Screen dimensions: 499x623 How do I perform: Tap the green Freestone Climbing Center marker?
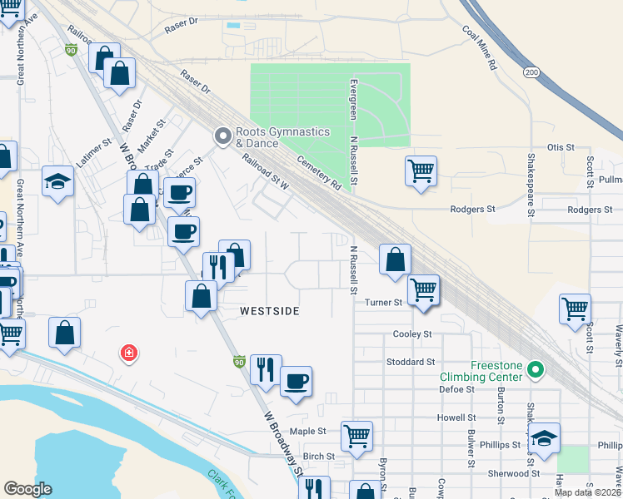coord(536,370)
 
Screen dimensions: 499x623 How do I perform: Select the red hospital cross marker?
coord(128,353)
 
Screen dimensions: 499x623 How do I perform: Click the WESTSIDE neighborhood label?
coord(269,310)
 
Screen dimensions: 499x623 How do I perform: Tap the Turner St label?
coord(384,303)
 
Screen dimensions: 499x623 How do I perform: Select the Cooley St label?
coord(411,333)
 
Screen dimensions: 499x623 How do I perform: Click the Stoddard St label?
coord(411,362)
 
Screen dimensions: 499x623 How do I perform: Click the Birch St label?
coord(318,456)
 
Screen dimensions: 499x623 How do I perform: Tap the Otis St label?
coord(561,147)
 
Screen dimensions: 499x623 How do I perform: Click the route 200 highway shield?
coord(531,73)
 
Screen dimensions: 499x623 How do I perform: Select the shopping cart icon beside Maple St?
coord(356,434)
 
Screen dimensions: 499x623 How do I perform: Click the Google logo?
coord(27,489)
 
